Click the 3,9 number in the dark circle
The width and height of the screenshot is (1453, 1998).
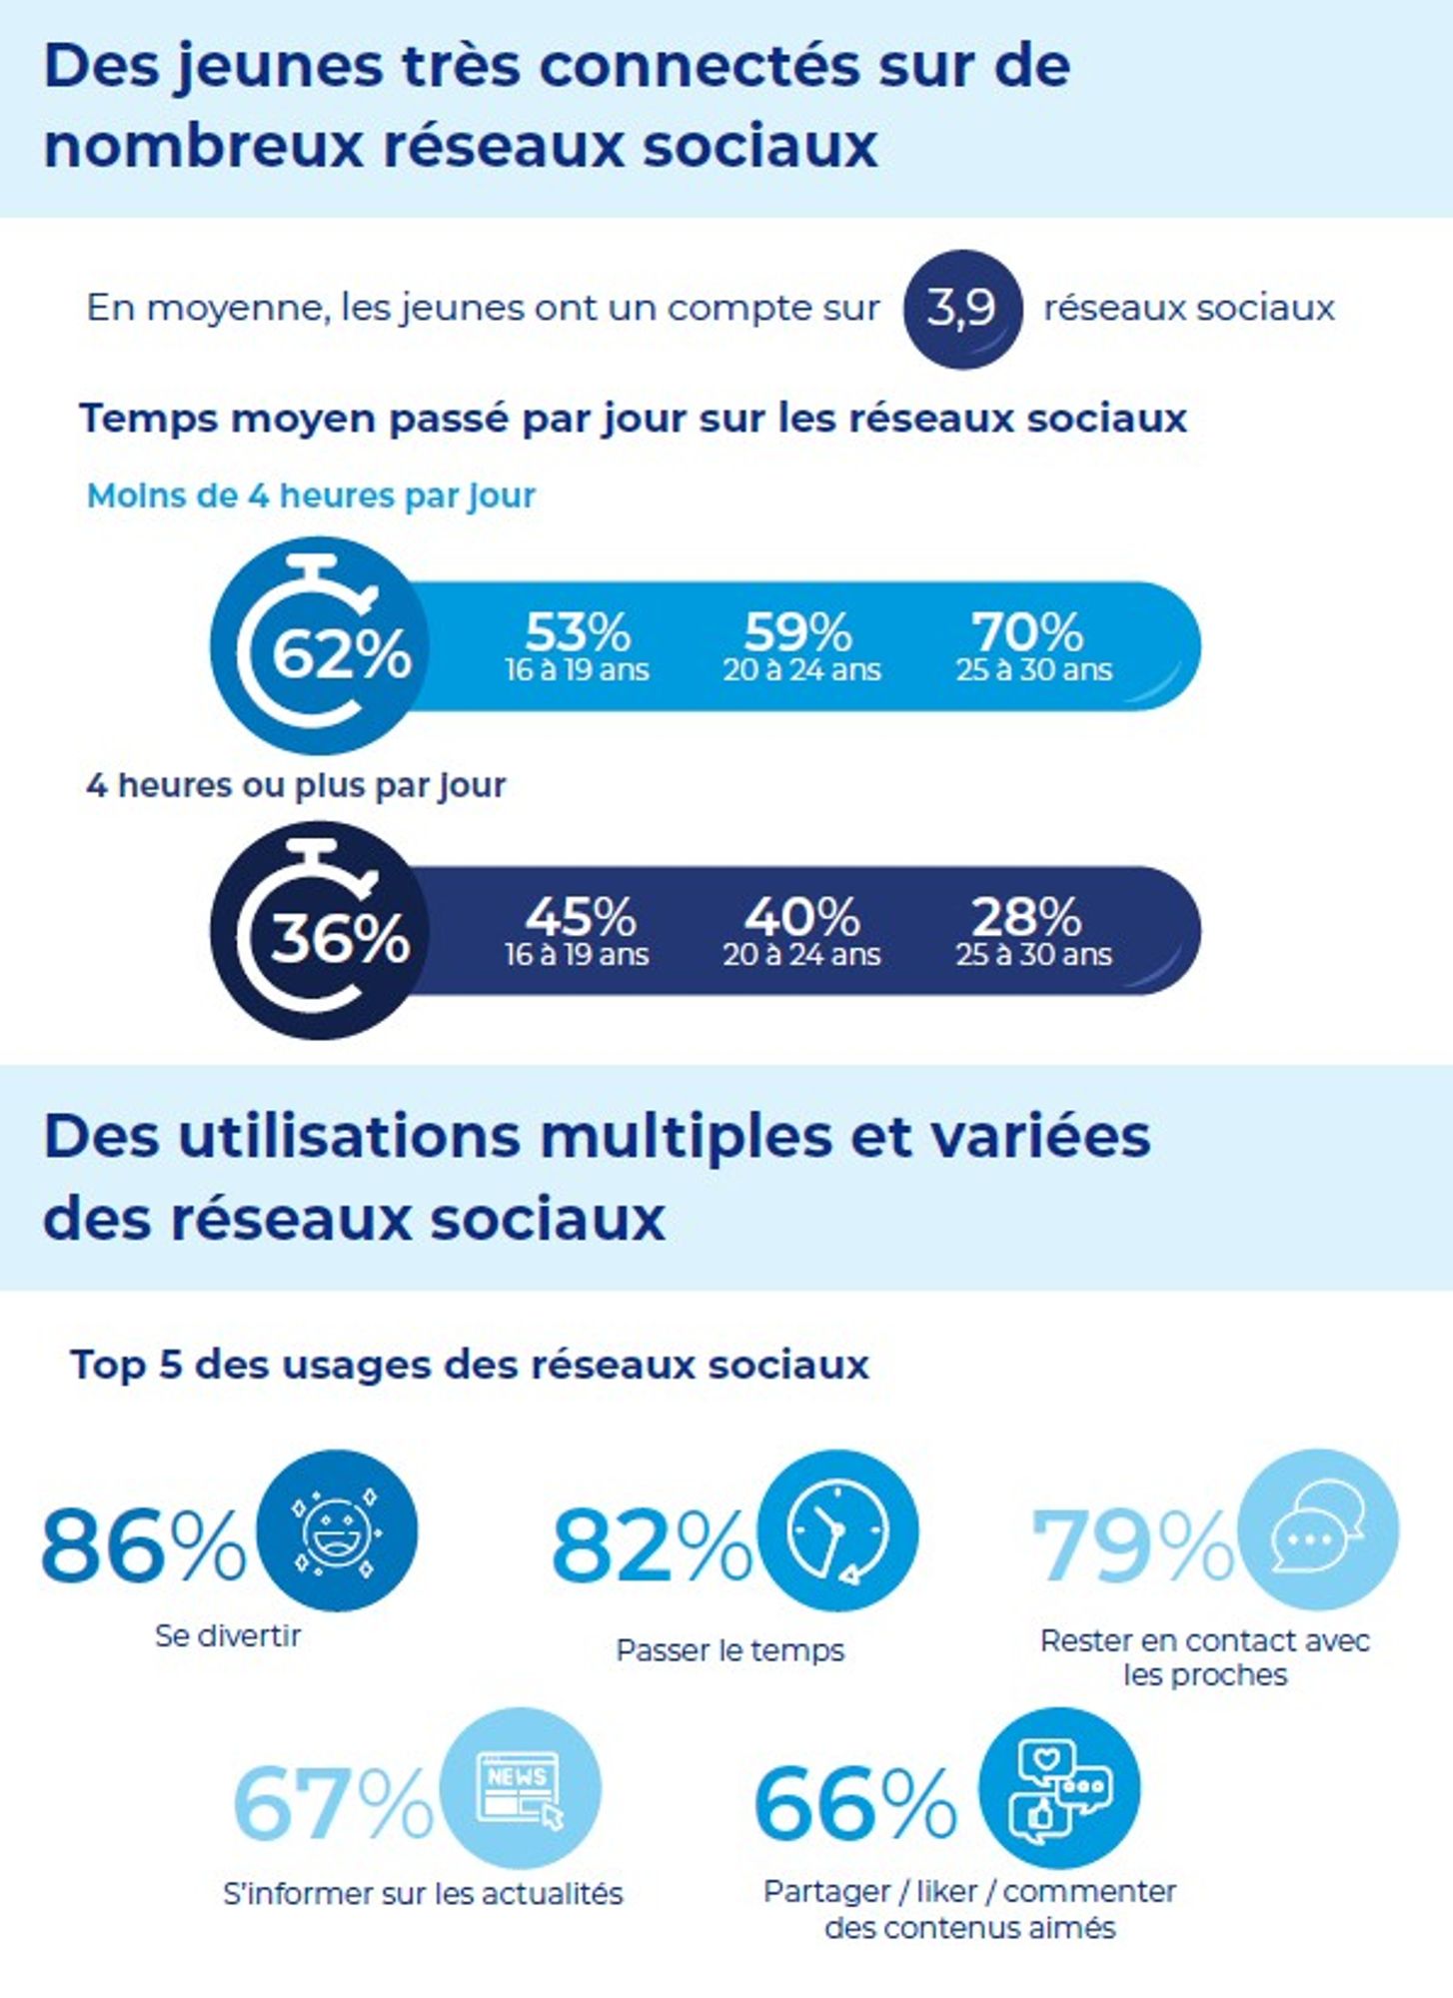coord(960,307)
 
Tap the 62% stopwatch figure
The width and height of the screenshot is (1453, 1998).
coord(341,654)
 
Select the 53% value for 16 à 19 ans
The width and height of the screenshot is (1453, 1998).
coord(578,631)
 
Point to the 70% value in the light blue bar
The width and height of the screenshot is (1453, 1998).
coord(1027,631)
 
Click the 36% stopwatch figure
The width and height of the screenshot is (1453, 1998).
coord(340,938)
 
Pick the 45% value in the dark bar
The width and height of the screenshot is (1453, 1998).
coord(581,916)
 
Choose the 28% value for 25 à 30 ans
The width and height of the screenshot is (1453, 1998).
coord(1026,916)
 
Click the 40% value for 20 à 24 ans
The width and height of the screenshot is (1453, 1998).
coord(801,916)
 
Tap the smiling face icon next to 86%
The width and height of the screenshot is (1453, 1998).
coord(337,1530)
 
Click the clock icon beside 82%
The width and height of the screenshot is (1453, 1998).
coord(837,1530)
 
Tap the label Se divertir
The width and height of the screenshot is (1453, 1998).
coord(228,1635)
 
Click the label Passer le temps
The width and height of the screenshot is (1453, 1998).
coord(730,1650)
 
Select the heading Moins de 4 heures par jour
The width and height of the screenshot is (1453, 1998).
coord(312,496)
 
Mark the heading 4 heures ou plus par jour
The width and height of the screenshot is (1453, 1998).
coord(296,785)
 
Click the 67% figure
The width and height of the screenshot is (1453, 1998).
coord(333,1803)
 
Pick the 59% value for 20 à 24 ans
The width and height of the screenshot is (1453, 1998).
coord(798,631)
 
